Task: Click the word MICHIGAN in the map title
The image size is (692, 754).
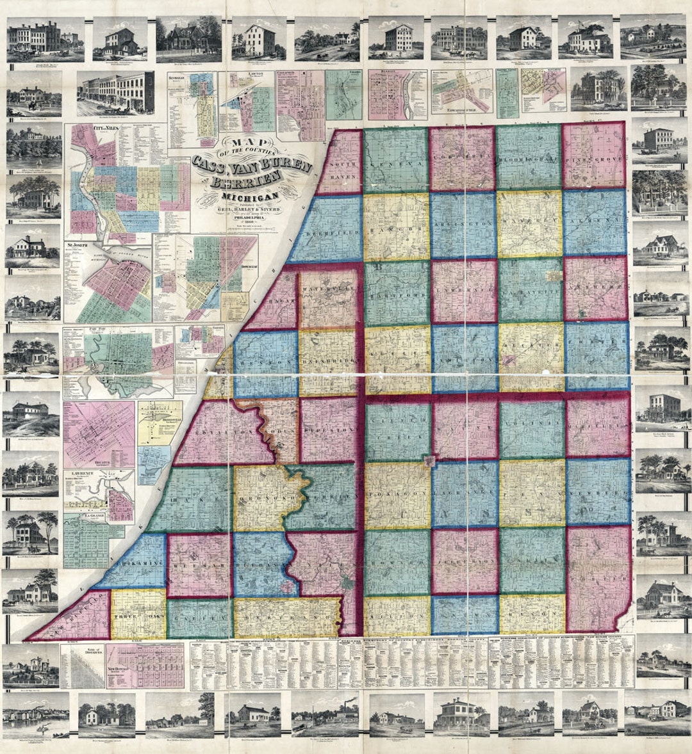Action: point(251,195)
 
